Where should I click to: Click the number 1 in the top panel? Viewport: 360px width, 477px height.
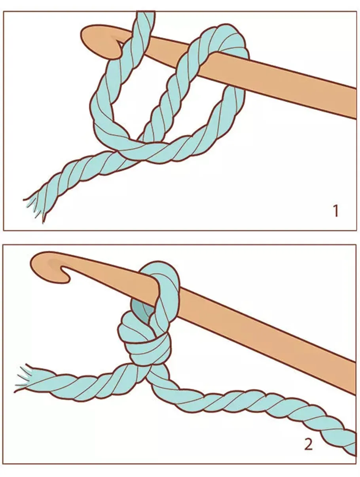point(336,211)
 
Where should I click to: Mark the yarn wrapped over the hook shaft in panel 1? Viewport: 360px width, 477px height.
point(228,39)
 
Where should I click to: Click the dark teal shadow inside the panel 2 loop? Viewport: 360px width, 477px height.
point(142,311)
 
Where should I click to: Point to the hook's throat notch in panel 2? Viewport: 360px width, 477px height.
point(65,270)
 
